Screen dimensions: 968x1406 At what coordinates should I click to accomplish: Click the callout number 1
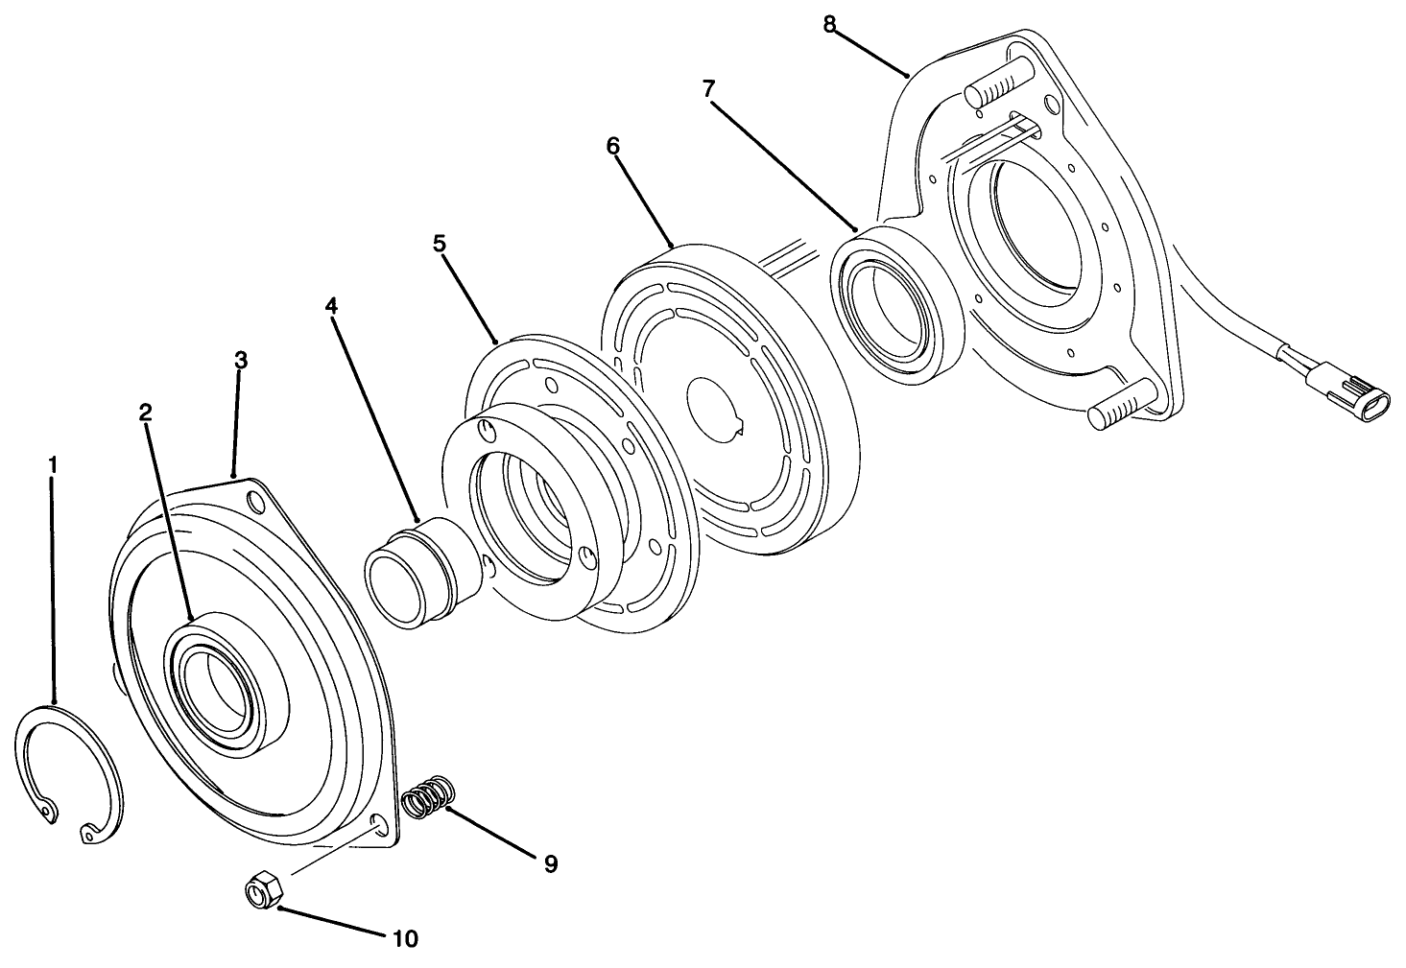[x=54, y=465]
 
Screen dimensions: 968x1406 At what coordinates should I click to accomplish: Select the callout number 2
[x=145, y=413]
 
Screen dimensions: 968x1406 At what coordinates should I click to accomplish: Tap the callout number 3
[x=241, y=361]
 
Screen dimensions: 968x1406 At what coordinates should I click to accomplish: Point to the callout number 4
[x=331, y=307]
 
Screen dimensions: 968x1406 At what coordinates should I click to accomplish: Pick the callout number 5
[x=440, y=244]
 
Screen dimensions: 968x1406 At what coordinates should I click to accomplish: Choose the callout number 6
[x=613, y=146]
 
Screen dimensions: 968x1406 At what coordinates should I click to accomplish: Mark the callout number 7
[x=708, y=89]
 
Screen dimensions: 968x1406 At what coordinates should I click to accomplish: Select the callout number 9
[x=550, y=864]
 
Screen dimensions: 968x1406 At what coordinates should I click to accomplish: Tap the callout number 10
[x=405, y=938]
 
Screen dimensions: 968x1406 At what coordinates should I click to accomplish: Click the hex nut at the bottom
[x=262, y=892]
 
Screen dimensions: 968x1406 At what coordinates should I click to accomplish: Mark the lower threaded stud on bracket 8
[x=1121, y=403]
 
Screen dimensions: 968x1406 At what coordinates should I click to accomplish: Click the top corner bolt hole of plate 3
[x=256, y=501]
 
